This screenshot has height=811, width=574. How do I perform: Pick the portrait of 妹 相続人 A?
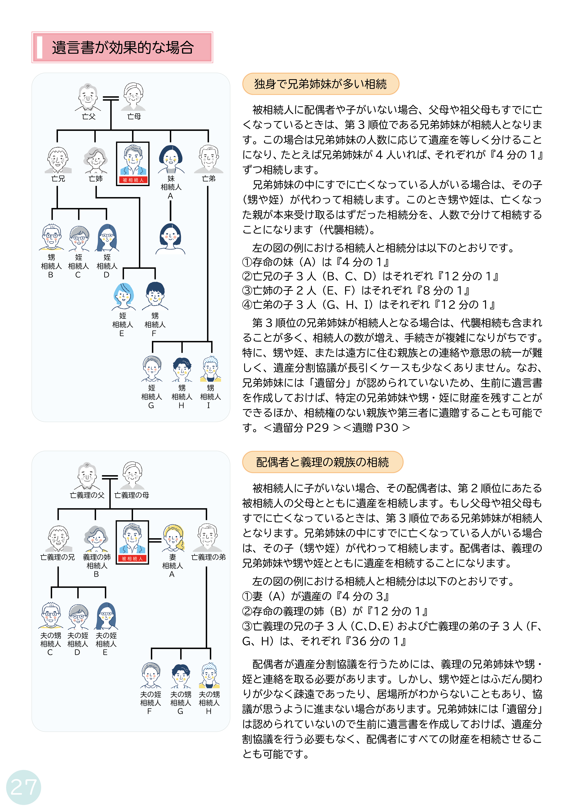[x=171, y=160]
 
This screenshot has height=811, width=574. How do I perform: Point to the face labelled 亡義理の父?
[x=87, y=476]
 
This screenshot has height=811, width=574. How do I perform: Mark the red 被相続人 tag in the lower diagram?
[x=132, y=559]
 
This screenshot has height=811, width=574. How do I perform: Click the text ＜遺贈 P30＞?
[x=377, y=428]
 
